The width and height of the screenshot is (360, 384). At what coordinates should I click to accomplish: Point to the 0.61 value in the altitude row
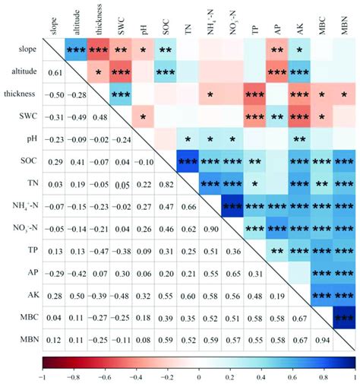pos(55,72)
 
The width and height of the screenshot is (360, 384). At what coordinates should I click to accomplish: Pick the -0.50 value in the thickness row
pos(55,94)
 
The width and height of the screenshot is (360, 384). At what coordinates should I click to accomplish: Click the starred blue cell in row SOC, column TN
pos(188,161)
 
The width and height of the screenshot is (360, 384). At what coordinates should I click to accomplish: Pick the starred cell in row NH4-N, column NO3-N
pos(233,205)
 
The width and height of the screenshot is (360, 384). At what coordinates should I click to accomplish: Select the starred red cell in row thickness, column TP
pos(255,94)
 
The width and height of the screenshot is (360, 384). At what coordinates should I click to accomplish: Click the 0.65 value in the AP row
pos(232,272)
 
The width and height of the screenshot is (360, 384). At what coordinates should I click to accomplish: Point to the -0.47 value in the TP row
pos(99,250)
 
